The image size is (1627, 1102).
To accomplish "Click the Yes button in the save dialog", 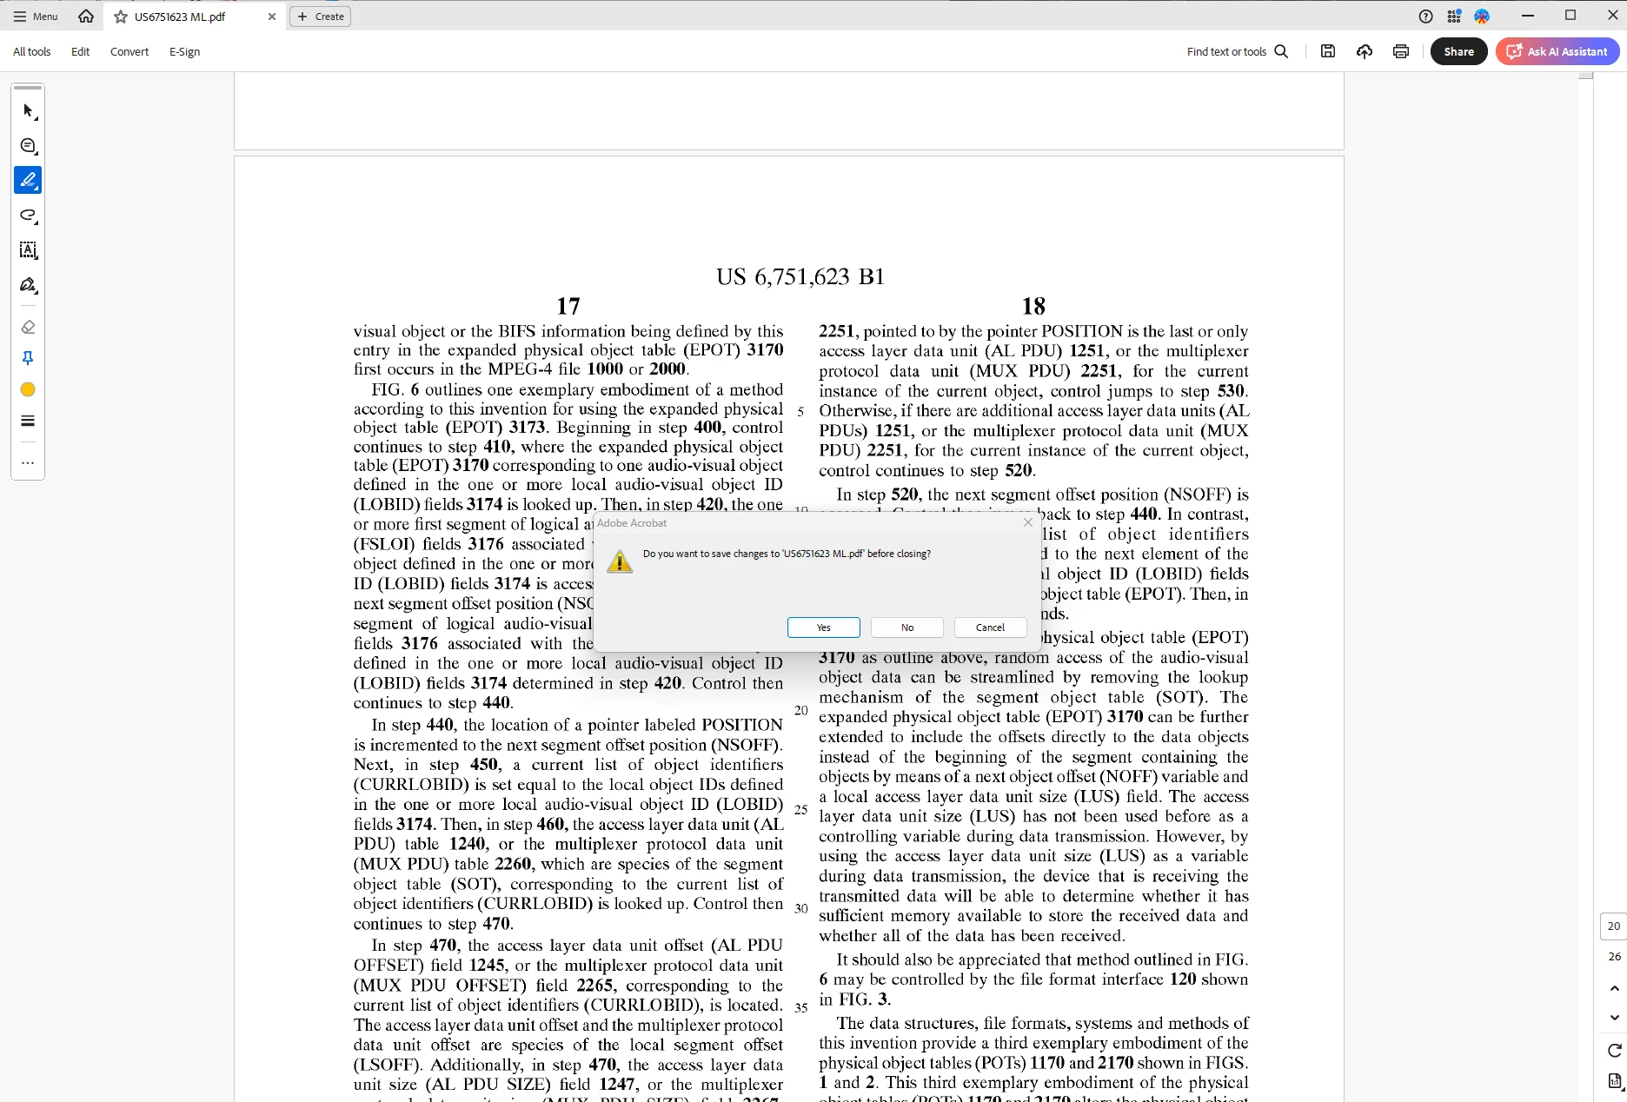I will coord(823,627).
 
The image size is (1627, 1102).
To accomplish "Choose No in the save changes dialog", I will coord(906,627).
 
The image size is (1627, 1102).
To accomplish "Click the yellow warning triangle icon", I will coord(620,561).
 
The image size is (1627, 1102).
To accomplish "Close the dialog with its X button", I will coord(1028,522).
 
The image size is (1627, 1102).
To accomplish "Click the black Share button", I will coord(1458,51).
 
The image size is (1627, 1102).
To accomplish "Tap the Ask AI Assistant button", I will coord(1557,51).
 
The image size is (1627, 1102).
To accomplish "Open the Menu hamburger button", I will coord(36,17).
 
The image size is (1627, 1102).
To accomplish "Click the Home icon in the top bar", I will coord(86,17).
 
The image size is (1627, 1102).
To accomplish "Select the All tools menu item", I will coord(32,51).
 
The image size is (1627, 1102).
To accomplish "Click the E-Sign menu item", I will coord(184,51).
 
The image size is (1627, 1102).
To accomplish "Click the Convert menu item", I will coord(129,51).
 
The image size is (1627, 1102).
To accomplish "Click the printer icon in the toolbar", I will coord(1400,51).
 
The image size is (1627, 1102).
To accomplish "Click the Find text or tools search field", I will coord(1237,51).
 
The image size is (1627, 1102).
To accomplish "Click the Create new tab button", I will coord(320,17).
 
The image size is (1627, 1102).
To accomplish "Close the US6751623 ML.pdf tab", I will coord(272,17).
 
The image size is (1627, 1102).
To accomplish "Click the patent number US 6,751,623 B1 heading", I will coord(800,276).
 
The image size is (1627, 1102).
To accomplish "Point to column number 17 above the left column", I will coord(568,306).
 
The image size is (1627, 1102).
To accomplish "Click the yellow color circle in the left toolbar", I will coord(28,389).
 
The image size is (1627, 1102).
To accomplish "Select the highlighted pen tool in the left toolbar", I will coord(28,180).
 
